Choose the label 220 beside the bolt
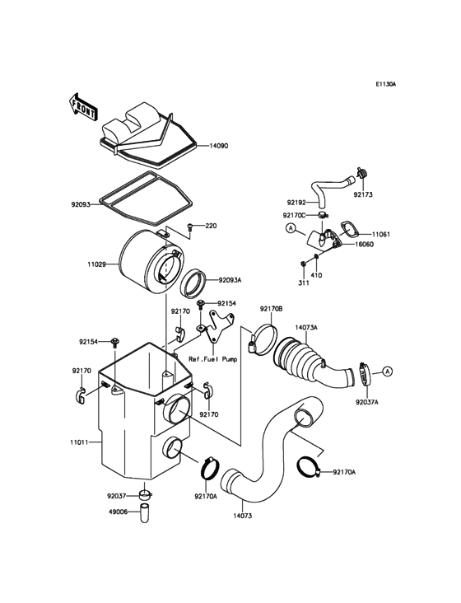211,226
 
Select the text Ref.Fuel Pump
212,359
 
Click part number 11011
79,442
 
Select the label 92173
364,195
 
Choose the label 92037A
367,403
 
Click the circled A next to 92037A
386,373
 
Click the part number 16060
366,245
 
